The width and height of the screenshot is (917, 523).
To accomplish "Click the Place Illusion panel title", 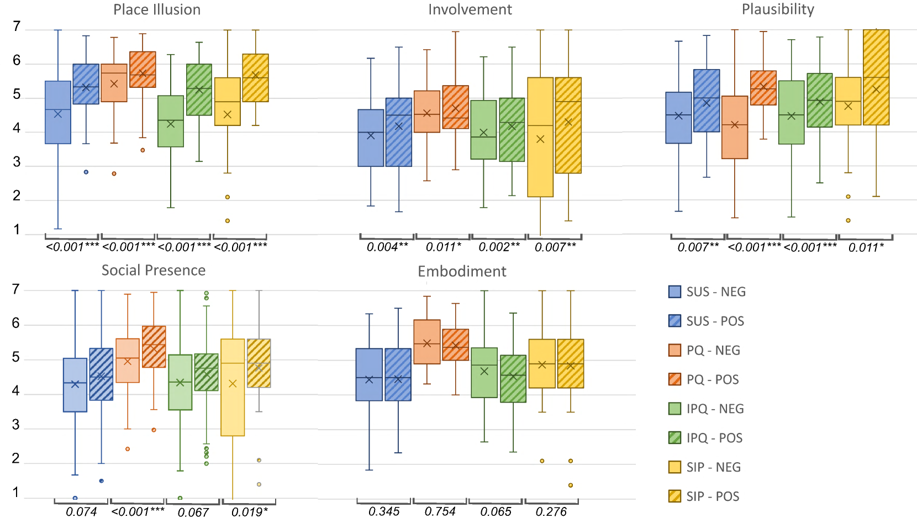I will point(157,10).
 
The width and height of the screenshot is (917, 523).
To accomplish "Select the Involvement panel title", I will point(470,10).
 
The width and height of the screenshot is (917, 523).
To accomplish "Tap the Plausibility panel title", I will point(778,10).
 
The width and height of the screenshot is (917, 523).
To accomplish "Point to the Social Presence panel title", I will point(154,270).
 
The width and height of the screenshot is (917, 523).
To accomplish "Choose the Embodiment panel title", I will point(462,271).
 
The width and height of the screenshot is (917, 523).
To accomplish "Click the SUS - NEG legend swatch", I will point(674,292).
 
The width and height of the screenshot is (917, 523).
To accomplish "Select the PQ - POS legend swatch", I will point(674,379).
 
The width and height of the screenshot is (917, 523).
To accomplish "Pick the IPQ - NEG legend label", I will point(715,409).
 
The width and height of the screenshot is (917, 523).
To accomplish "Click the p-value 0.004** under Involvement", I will point(387,247).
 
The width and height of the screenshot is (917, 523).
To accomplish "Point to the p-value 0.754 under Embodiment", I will point(440,511).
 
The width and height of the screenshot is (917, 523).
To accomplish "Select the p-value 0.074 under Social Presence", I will point(81,512).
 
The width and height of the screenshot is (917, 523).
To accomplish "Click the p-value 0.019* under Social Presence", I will point(250,512).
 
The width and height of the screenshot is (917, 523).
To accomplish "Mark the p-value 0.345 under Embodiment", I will point(384,511).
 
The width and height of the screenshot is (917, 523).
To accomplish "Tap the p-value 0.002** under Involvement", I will point(499,247).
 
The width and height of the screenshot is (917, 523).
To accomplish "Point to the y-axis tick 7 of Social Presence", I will point(16,289).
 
